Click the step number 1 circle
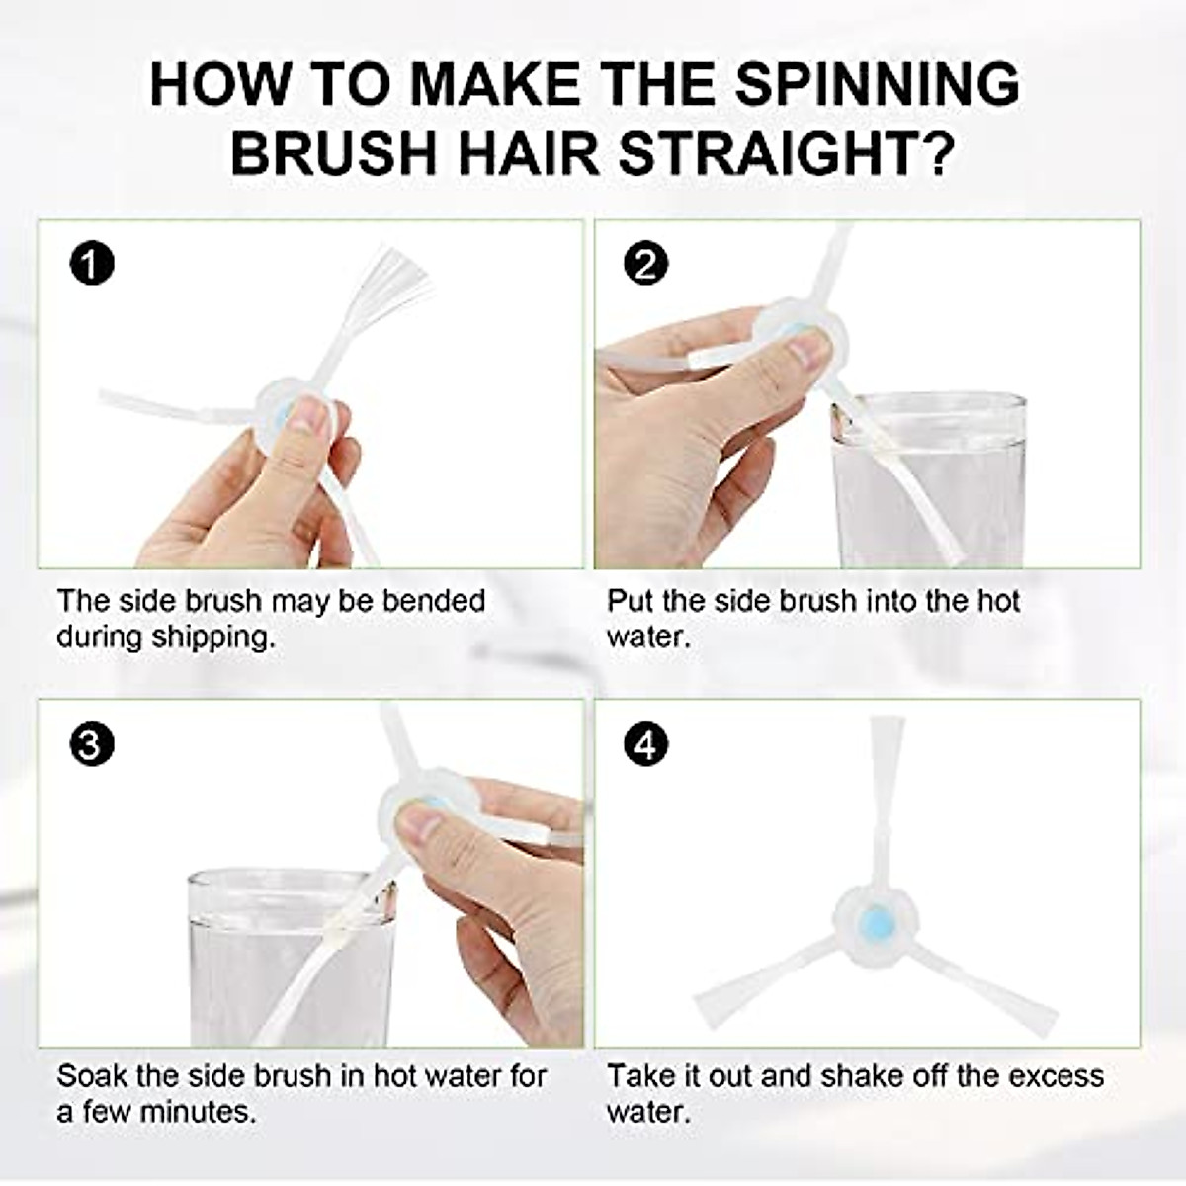(92, 265)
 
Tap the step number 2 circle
(647, 265)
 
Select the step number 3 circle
(92, 745)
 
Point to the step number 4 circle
(647, 745)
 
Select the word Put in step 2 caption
(627, 601)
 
